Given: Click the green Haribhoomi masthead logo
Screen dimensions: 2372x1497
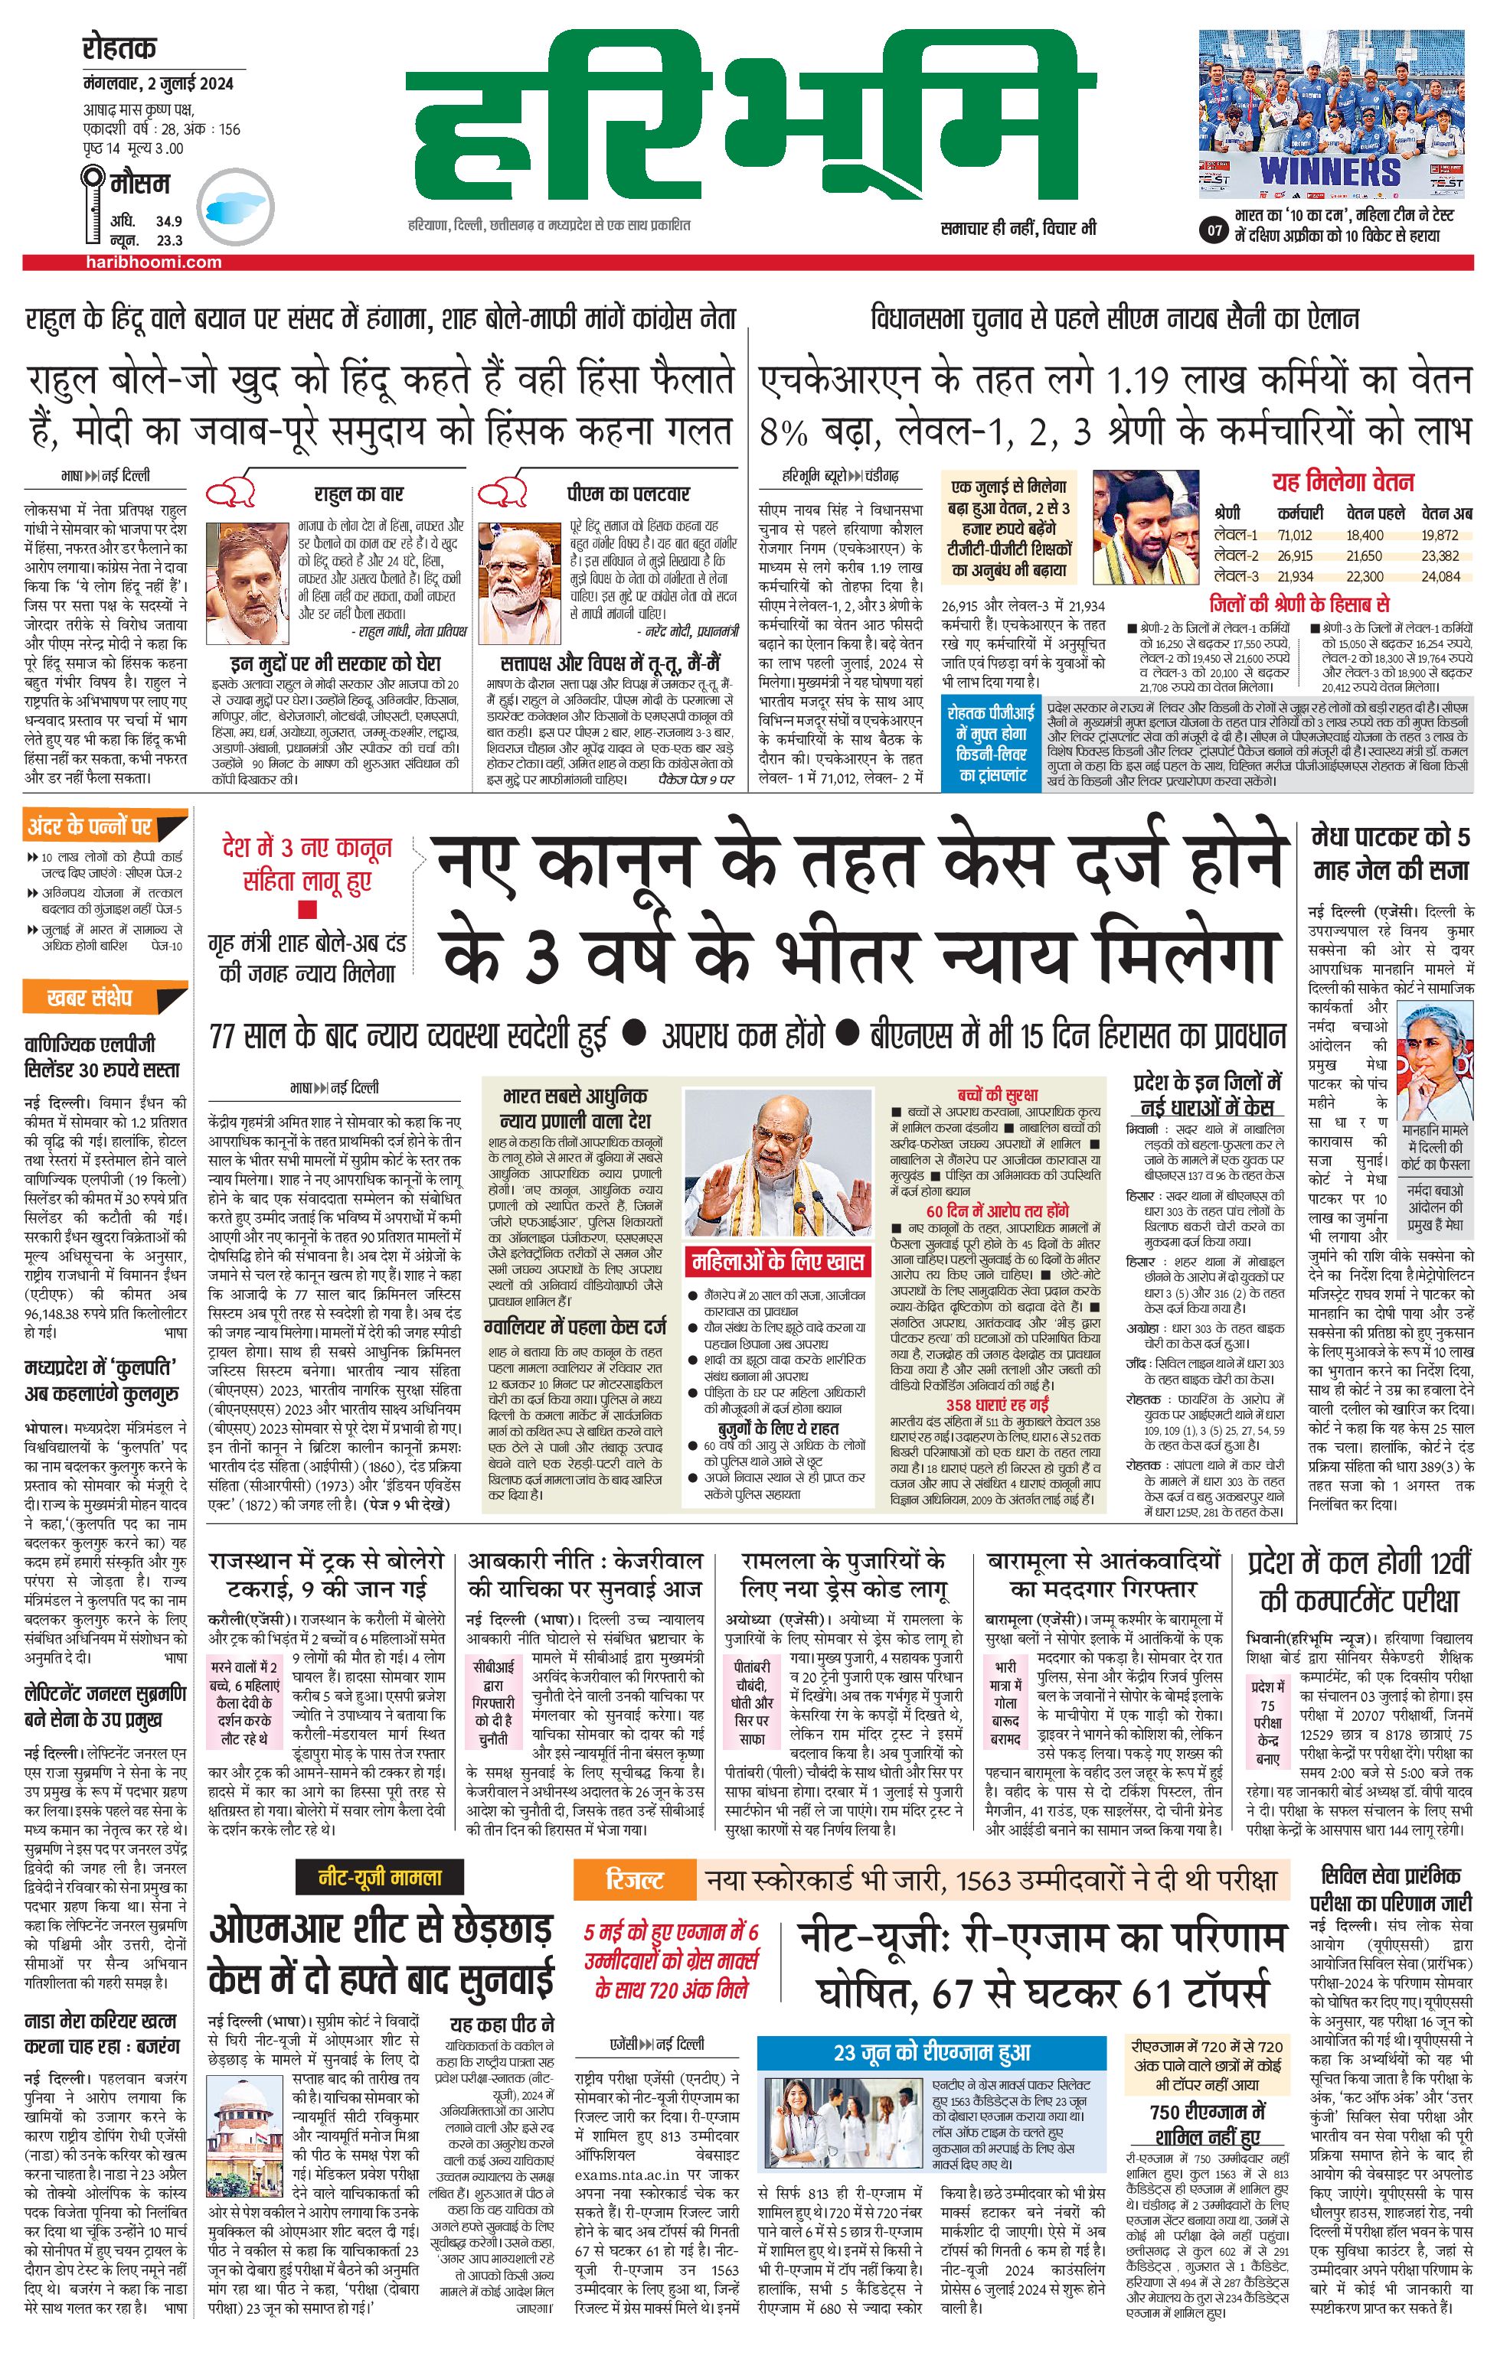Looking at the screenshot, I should click(754, 118).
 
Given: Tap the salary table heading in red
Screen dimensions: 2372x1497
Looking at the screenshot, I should click(1342, 483).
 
